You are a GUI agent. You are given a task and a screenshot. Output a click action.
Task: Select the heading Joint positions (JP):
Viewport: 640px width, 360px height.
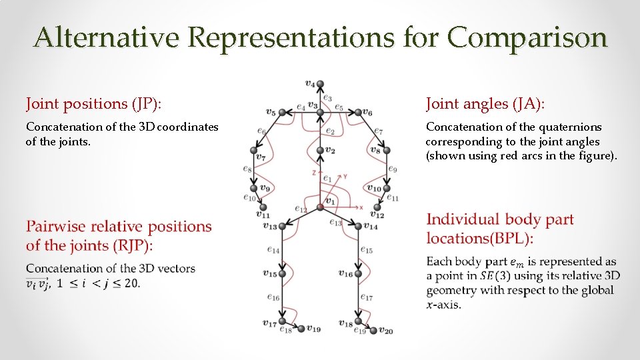tap(94, 104)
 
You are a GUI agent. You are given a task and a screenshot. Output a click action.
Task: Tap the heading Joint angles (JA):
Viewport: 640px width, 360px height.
tap(485, 104)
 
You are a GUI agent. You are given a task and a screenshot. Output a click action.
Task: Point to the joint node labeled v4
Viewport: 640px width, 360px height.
tap(320, 84)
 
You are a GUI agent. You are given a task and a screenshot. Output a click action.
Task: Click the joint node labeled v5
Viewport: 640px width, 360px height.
tap(281, 112)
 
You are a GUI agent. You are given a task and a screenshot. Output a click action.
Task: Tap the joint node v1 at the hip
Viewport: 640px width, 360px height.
tap(320, 207)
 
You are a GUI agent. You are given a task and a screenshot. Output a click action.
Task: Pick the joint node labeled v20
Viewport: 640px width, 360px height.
tap(374, 329)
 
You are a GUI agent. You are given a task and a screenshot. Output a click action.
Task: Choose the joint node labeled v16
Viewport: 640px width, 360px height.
tap(358, 273)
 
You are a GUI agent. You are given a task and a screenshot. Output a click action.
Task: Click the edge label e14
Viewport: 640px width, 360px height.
tap(273, 250)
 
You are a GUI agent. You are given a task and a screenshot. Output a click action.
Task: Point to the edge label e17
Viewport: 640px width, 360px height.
tap(367, 297)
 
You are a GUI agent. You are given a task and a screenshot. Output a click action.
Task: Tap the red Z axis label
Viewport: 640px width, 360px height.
tap(313, 173)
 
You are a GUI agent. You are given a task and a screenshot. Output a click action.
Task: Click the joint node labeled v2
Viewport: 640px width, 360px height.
tap(320, 151)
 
